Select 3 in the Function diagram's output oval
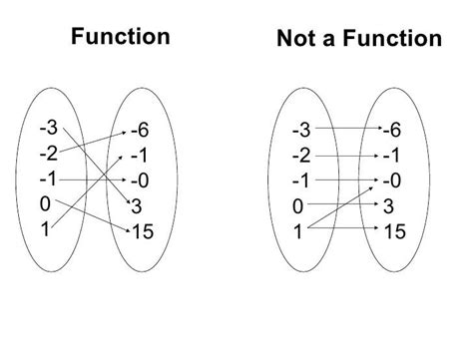click(x=137, y=206)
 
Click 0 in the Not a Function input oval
click(x=298, y=206)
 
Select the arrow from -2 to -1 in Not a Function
click(x=348, y=155)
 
